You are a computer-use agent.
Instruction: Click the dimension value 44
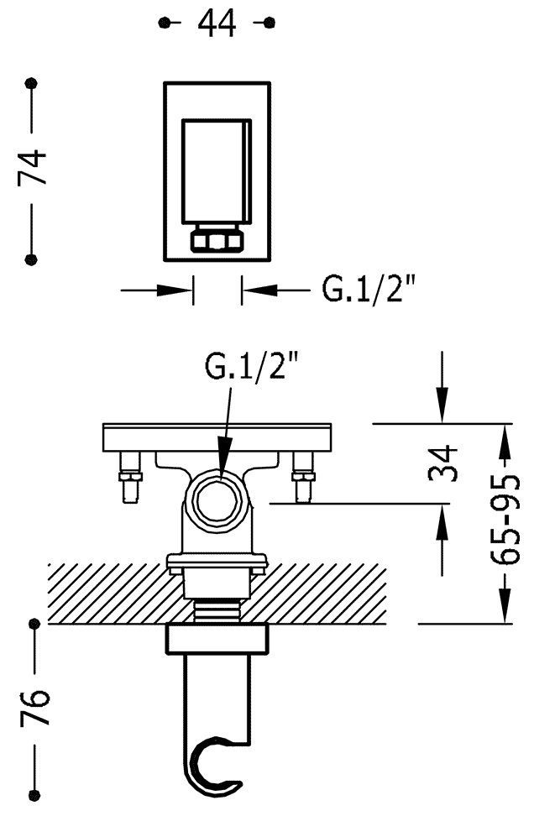(x=217, y=24)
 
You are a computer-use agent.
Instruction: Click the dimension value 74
(x=32, y=167)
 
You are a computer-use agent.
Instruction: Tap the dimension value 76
(x=35, y=708)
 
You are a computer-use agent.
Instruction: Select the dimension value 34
(x=443, y=463)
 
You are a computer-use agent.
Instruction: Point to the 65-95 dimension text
(x=505, y=520)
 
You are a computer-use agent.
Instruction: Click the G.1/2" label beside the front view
(x=369, y=290)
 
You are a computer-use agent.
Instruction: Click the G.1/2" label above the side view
(x=252, y=365)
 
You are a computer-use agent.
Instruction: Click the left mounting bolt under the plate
(x=129, y=477)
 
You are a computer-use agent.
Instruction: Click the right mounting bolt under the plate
(x=303, y=477)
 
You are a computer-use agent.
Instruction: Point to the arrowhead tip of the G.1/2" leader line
(x=222, y=477)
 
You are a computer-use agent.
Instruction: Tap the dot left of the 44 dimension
(x=165, y=22)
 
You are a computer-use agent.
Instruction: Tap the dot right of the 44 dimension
(x=269, y=22)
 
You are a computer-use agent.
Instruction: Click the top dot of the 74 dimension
(x=32, y=83)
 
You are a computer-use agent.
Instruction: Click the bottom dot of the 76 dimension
(x=35, y=795)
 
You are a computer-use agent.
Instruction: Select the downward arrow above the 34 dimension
(x=442, y=387)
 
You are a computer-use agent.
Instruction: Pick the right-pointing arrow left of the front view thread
(x=157, y=290)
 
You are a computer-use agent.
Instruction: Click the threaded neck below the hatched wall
(x=217, y=610)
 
